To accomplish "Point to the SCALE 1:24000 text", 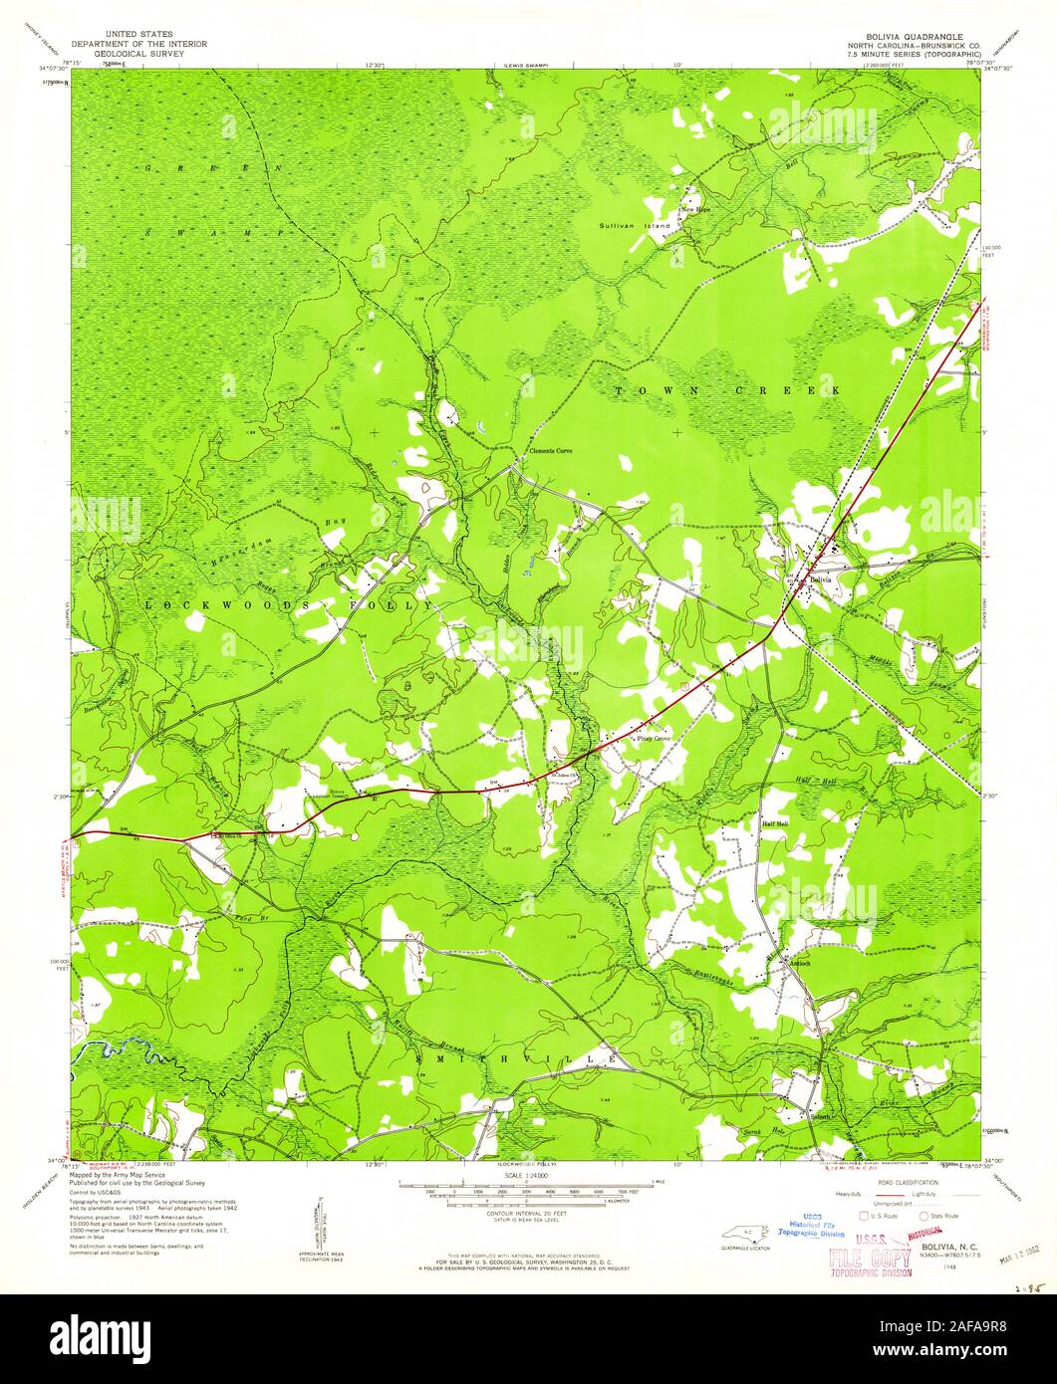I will pos(528,1175).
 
